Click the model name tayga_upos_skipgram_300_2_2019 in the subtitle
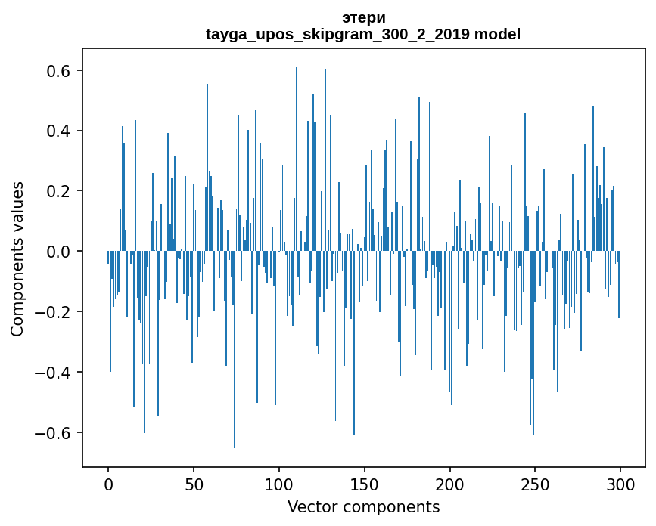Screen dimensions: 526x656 337,35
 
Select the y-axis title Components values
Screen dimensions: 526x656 17,258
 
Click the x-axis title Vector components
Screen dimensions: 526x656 363,507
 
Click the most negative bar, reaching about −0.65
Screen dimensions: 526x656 235,378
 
